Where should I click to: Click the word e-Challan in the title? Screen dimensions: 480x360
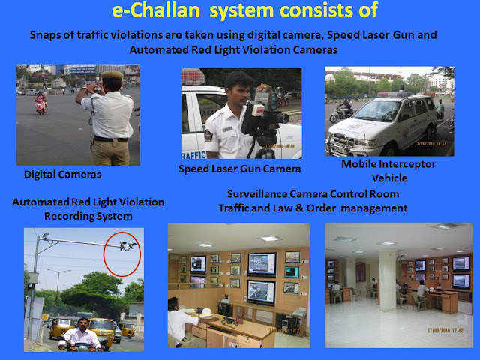pyautogui.click(x=156, y=10)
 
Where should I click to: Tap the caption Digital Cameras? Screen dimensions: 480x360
pyautogui.click(x=62, y=175)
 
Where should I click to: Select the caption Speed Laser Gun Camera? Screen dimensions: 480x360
pyautogui.click(x=240, y=169)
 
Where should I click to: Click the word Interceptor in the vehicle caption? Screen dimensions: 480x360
pyautogui.click(x=407, y=164)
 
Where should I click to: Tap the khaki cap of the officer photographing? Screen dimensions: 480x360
pyautogui.click(x=112, y=75)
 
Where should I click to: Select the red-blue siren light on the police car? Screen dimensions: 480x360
pyautogui.click(x=193, y=76)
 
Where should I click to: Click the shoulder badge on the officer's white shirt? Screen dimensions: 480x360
pyautogui.click(x=208, y=135)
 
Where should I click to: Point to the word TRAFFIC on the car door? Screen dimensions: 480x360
pyautogui.click(x=193, y=155)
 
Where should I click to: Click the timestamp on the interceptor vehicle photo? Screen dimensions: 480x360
pyautogui.click(x=430, y=144)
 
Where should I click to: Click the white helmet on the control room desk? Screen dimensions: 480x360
pyautogui.click(x=207, y=312)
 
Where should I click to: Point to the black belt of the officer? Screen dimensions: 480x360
pyautogui.click(x=110, y=139)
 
